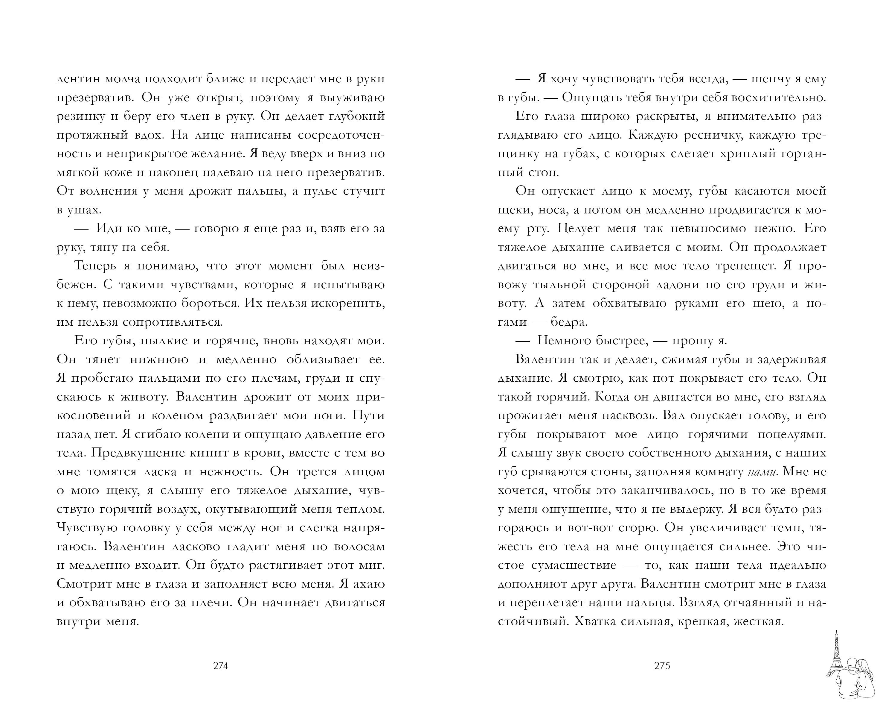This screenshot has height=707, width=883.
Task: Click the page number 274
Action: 220,666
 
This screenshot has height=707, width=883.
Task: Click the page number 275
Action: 662,666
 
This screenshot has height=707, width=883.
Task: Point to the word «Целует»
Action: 576,228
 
